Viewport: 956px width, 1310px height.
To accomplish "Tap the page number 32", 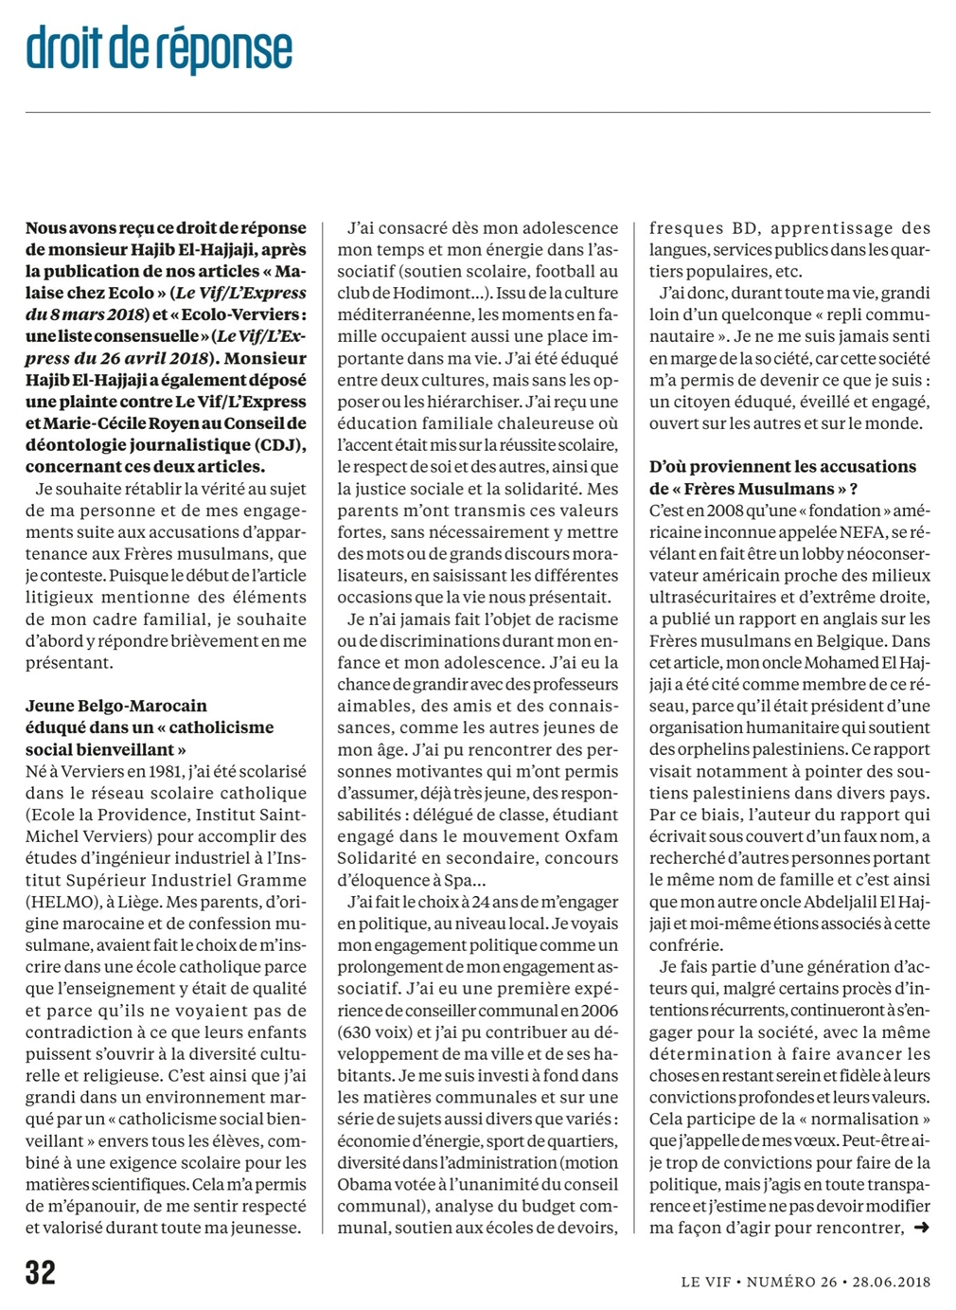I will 41,1272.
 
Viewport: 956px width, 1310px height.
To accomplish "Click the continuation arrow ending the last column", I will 921,1228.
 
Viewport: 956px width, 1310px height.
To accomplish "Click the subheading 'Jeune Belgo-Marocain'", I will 115,706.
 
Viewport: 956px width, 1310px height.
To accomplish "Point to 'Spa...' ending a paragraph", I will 456,880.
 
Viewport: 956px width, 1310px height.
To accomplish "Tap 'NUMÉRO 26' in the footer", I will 791,1282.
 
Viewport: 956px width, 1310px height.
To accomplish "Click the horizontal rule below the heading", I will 477,113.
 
